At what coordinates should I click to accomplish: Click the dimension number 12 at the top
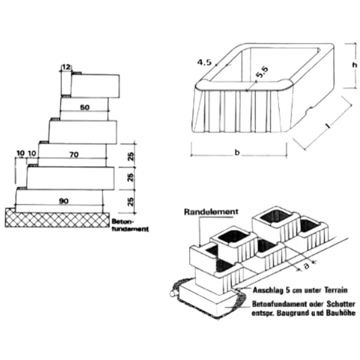coord(66,67)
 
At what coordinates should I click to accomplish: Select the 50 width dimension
coord(85,107)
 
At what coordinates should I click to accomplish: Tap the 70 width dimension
coord(74,155)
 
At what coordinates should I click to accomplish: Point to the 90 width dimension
coord(63,201)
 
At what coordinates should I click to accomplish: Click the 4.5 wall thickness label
coord(204,62)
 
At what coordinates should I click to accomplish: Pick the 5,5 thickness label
coord(262,72)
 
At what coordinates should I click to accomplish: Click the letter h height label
coord(355,65)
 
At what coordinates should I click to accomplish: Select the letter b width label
coord(237,152)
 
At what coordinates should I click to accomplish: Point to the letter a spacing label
coord(306,265)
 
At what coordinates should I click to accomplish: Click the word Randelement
coord(211,211)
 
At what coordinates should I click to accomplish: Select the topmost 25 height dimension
coord(130,156)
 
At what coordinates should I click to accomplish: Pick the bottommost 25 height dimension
coord(130,202)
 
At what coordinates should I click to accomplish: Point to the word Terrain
coord(336,290)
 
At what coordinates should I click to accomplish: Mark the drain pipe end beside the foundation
coord(173,294)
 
